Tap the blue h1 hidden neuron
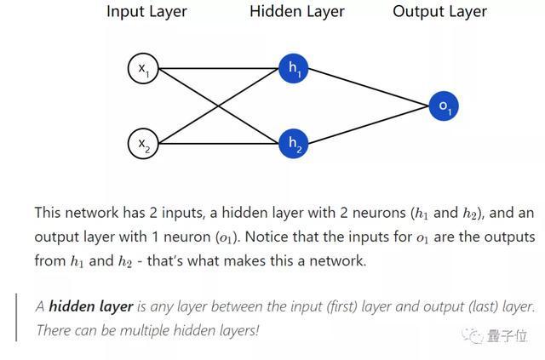click(x=294, y=68)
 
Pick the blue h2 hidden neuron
click(x=294, y=144)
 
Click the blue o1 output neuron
click(x=444, y=106)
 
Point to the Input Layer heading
click(x=146, y=12)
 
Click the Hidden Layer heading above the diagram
click(x=297, y=11)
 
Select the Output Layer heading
click(x=439, y=12)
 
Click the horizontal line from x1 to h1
click(x=219, y=68)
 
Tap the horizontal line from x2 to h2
click(x=219, y=144)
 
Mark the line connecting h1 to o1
click(x=369, y=87)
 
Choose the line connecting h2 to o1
click(x=369, y=125)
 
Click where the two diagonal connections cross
click(x=219, y=106)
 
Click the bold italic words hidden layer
click(x=91, y=307)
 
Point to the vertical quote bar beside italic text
click(x=16, y=317)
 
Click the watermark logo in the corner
click(x=494, y=335)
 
